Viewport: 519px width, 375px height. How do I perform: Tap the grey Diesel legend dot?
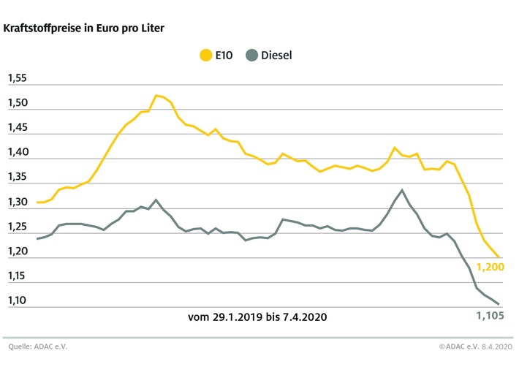[251, 54]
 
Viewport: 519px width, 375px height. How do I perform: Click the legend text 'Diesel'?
[277, 54]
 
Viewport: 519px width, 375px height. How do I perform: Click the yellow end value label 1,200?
[490, 267]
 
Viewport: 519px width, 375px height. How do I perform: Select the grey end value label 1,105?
[490, 316]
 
